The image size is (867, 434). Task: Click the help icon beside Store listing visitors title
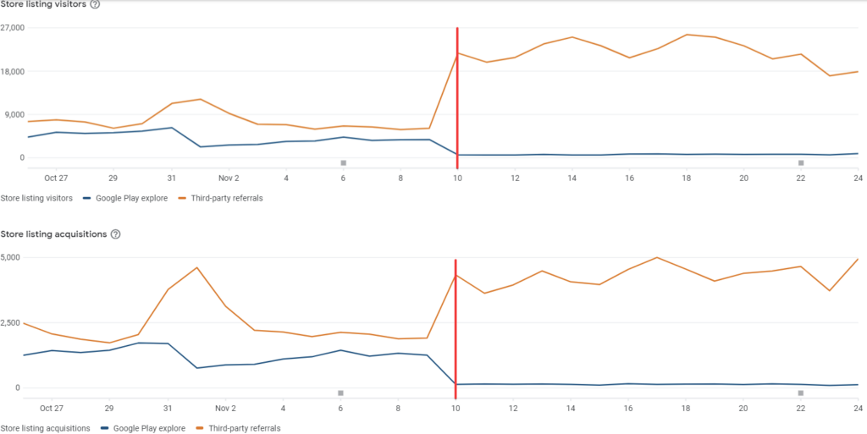tap(95, 4)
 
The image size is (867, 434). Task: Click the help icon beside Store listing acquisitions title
tap(116, 233)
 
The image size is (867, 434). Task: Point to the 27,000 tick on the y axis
tap(13, 28)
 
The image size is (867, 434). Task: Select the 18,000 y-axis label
tap(13, 71)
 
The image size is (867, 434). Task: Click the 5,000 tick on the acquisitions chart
tap(11, 256)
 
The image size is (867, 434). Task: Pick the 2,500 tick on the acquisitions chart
tap(11, 322)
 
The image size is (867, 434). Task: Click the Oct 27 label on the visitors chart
tap(56, 178)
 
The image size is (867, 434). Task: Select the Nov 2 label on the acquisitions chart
tap(227, 407)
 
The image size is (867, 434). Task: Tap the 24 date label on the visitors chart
tap(858, 178)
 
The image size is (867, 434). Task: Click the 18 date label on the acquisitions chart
tap(686, 407)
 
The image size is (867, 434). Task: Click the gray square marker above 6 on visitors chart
tap(343, 162)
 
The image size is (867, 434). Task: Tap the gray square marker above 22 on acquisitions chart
tap(800, 393)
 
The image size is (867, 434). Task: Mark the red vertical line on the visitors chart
tap(457, 93)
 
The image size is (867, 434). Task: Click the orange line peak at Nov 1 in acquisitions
tap(197, 267)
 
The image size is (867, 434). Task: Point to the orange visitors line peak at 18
tap(687, 35)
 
